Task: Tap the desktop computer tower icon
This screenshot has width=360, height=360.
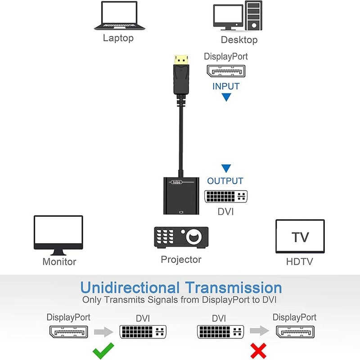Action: [x=254, y=16]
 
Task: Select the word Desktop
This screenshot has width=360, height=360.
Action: [x=239, y=40]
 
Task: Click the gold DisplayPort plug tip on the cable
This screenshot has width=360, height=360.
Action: [x=182, y=59]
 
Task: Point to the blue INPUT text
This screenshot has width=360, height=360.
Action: [x=226, y=86]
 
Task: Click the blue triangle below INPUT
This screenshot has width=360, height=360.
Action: [x=226, y=97]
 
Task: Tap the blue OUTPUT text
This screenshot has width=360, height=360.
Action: [x=225, y=181]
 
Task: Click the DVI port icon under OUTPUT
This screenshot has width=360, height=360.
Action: [x=226, y=196]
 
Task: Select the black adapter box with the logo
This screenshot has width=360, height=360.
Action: [x=181, y=196]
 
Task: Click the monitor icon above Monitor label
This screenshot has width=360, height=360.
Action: [x=58, y=234]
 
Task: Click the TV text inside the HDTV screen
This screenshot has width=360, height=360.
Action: [x=300, y=237]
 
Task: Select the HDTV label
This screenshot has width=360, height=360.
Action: [x=299, y=261]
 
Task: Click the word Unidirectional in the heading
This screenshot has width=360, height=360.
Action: [x=130, y=287]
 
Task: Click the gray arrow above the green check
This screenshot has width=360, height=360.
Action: [x=103, y=332]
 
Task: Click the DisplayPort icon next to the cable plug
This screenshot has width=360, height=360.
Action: [x=226, y=71]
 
